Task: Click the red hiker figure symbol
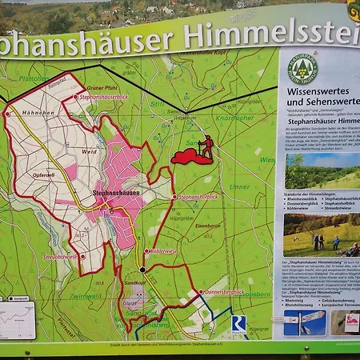point(206,146)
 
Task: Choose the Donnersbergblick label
point(225,292)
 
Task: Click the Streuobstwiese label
point(60,257)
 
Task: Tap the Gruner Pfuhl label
point(102,86)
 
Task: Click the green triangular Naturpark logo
point(303,69)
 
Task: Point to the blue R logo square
point(238,322)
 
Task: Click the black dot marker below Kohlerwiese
point(143,270)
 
